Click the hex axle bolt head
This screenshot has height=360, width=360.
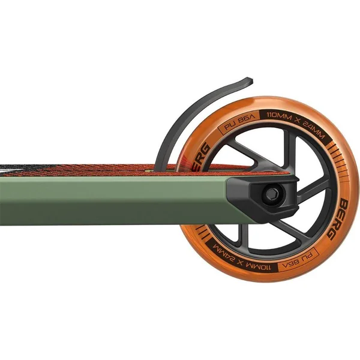(x=272, y=195)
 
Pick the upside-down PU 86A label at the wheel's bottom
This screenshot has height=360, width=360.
(x=298, y=260)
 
